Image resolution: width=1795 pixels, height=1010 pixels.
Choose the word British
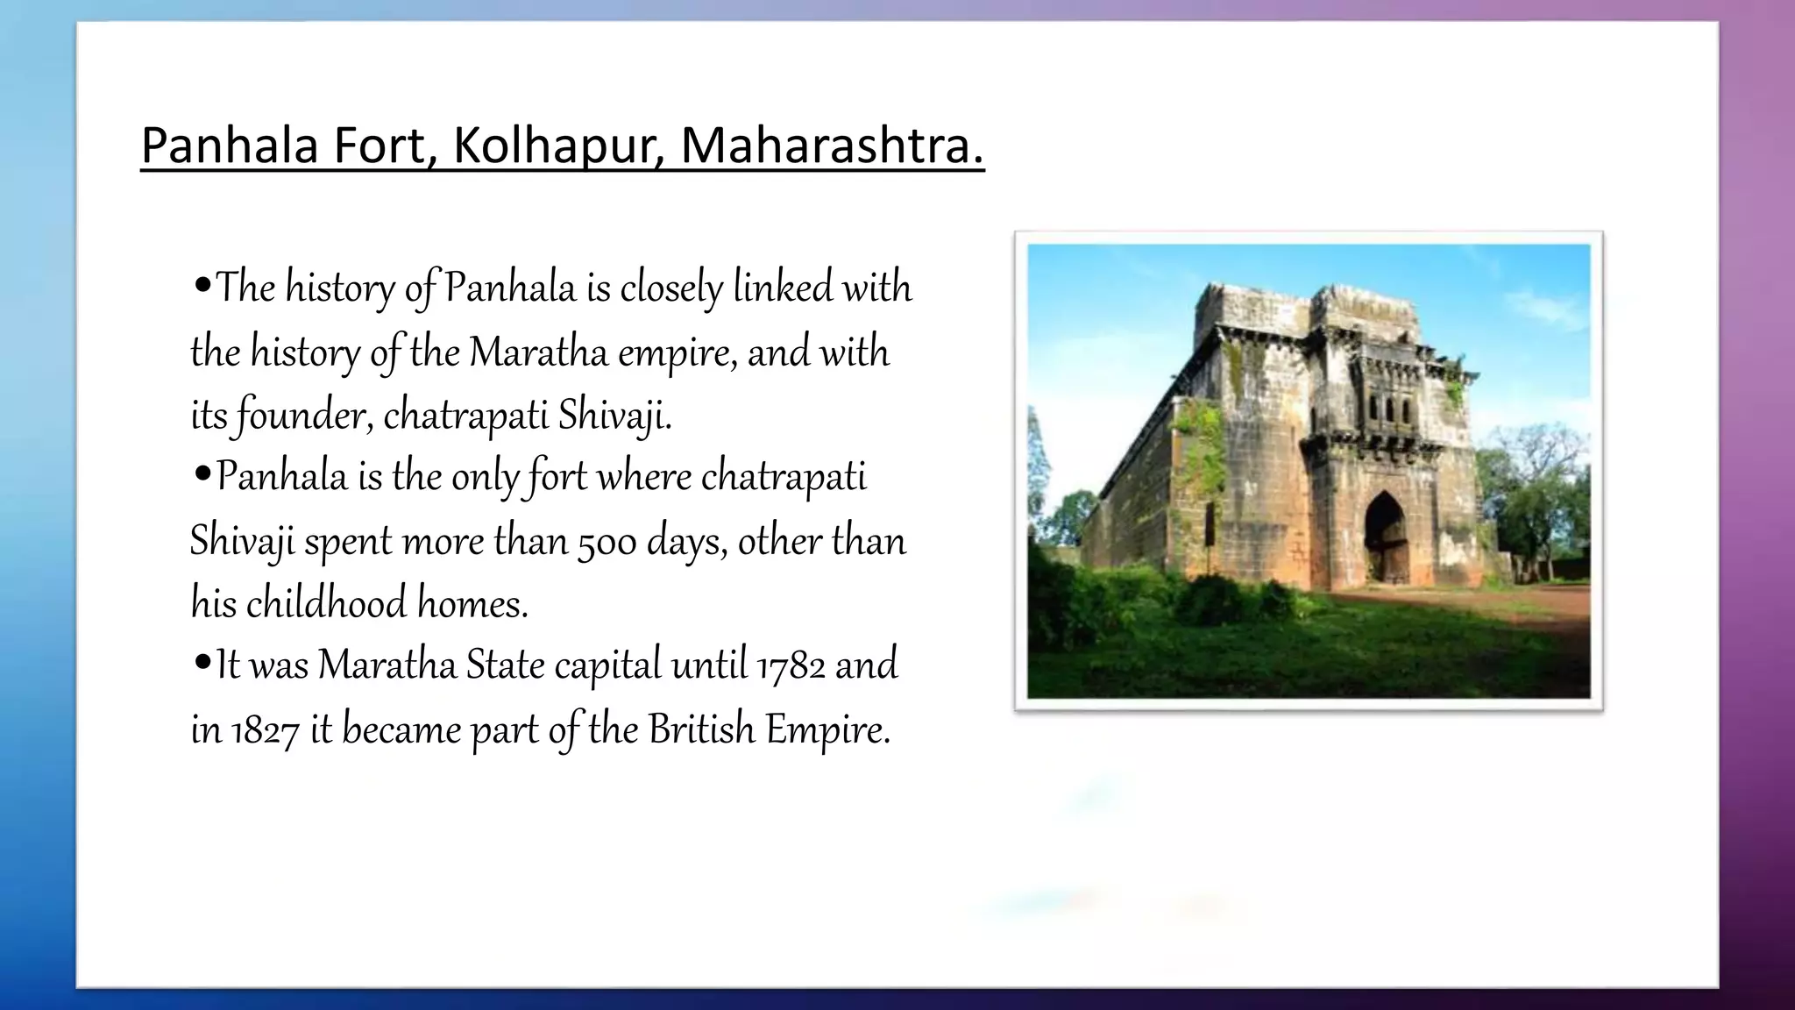(701, 729)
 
